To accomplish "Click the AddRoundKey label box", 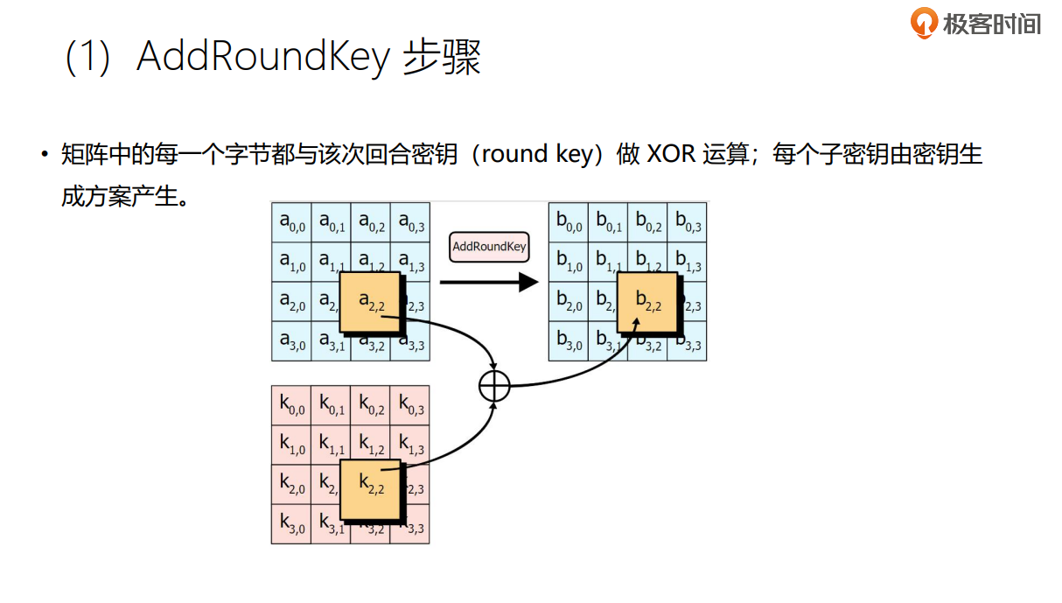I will pos(489,247).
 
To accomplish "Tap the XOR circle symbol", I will pos(495,385).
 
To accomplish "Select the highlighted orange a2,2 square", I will pos(370,302).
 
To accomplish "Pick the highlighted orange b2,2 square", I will pos(647,302).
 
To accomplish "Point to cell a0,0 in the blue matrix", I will pos(291,223).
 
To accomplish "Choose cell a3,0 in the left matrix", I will pos(291,342).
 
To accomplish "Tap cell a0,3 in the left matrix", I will pos(410,223).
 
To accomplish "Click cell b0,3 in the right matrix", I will pos(688,223).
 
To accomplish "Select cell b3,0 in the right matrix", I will pos(569,342).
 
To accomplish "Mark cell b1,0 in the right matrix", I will pos(569,263).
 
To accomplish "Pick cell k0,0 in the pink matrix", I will pos(291,405).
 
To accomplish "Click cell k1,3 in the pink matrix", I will pos(410,445).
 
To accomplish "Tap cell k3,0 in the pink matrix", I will pos(291,524).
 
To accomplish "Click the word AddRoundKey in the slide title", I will pos(262,58).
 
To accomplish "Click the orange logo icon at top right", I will pos(923,23).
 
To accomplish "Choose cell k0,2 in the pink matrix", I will pos(371,405).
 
